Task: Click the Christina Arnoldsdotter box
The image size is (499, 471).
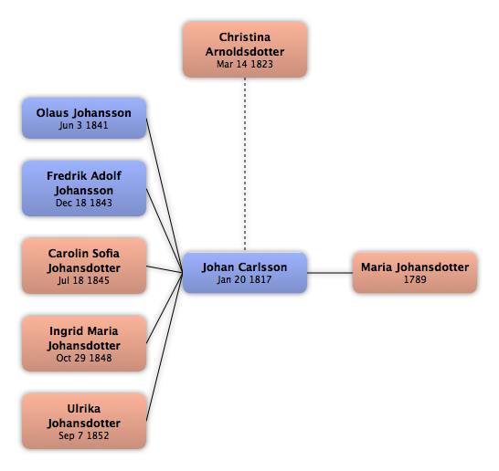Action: point(245,49)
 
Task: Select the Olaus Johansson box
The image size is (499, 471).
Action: point(84,119)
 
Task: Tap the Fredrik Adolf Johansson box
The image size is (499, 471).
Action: point(84,188)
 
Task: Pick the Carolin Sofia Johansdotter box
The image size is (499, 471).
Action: point(84,266)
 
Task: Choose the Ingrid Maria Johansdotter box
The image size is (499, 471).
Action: point(84,343)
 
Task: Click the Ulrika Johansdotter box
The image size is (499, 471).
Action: point(84,421)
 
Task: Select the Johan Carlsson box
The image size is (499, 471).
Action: point(245,273)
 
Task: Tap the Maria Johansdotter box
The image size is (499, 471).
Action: point(415,273)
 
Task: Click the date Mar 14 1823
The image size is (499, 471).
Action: point(245,64)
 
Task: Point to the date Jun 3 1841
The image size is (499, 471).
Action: point(83,125)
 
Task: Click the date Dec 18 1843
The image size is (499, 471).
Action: point(84,203)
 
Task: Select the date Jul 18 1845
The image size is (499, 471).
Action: point(83,280)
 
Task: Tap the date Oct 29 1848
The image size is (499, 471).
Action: point(84,358)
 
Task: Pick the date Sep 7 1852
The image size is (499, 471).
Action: point(84,435)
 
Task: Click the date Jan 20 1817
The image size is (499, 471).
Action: point(244,279)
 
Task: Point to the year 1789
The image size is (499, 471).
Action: point(415,279)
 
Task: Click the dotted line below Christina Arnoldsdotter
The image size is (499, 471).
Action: point(245,164)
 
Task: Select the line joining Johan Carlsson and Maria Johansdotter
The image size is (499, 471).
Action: point(330,272)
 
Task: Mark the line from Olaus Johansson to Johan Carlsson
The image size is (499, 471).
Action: point(165,195)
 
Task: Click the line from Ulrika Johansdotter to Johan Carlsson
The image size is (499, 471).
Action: point(165,347)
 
